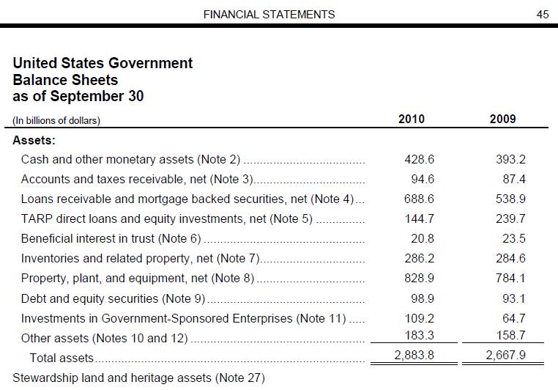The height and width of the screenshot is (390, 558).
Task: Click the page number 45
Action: click(x=543, y=14)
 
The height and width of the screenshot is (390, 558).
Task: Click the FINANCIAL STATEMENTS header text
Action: click(x=269, y=14)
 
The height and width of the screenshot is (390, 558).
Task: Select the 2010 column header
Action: click(x=411, y=119)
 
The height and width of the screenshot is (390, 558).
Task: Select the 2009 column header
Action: click(x=502, y=119)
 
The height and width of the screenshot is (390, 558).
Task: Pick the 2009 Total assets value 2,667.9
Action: click(x=506, y=357)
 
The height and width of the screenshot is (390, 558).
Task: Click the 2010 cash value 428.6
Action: click(x=420, y=159)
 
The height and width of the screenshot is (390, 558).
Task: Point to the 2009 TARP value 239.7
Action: click(x=511, y=218)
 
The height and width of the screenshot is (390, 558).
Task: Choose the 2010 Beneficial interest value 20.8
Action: click(x=423, y=238)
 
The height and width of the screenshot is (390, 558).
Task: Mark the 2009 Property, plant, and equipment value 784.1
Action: click(x=511, y=279)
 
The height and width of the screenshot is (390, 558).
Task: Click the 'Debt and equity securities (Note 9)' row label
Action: click(x=114, y=298)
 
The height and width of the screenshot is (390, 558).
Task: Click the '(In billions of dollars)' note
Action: click(x=56, y=120)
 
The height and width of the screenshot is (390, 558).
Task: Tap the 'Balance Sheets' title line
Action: click(x=65, y=79)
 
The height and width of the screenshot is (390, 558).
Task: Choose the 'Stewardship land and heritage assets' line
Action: click(x=138, y=378)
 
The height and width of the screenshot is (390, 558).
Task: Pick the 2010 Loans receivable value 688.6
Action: click(x=420, y=199)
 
